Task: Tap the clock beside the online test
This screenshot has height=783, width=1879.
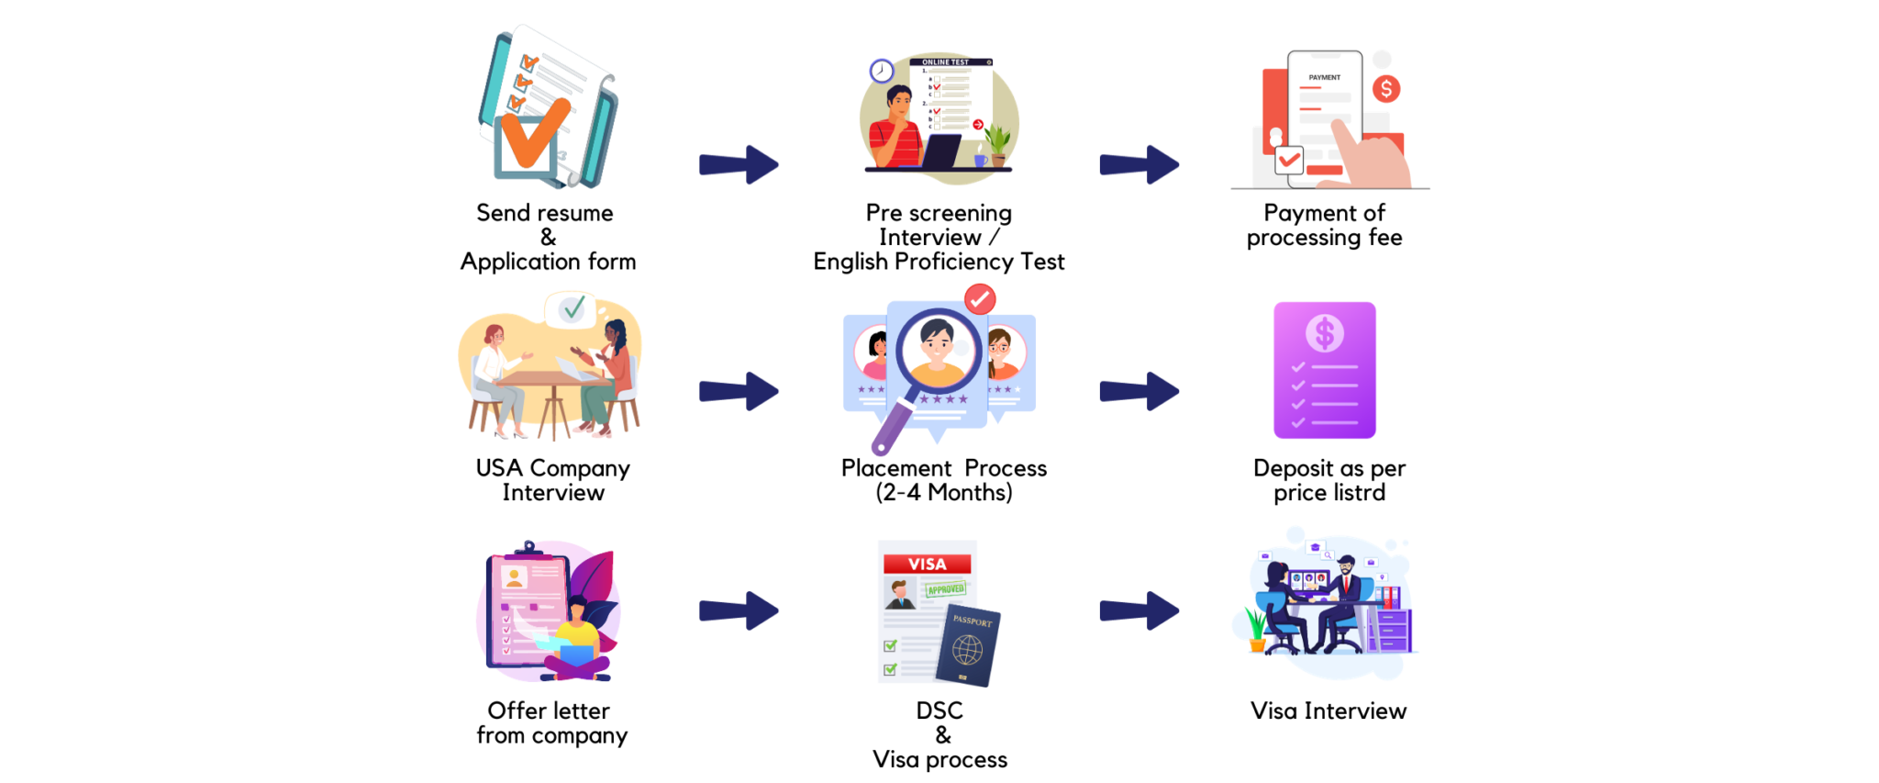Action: (x=881, y=71)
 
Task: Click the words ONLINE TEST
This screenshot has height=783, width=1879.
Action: (x=945, y=62)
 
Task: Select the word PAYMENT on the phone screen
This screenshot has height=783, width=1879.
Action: (x=1324, y=78)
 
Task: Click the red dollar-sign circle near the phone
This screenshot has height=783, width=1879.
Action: (x=1385, y=89)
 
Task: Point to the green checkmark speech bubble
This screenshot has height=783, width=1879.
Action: (x=573, y=308)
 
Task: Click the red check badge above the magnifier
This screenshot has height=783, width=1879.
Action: (x=980, y=298)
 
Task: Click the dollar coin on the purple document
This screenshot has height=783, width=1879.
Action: (x=1324, y=333)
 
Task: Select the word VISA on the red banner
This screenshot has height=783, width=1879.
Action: (x=927, y=564)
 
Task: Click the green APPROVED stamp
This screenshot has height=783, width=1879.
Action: (x=945, y=589)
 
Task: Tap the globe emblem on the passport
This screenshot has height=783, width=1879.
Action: (x=967, y=651)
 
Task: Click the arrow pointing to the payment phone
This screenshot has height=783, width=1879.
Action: (x=1140, y=164)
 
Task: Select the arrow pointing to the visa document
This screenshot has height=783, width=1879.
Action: (x=739, y=610)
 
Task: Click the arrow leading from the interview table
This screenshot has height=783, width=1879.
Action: (x=739, y=391)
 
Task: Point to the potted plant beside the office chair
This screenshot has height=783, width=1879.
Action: (x=1255, y=629)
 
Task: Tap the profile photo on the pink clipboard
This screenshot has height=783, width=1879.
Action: (x=514, y=577)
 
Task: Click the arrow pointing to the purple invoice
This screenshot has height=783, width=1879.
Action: (x=1140, y=391)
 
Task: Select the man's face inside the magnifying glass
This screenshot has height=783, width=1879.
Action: (x=937, y=344)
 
